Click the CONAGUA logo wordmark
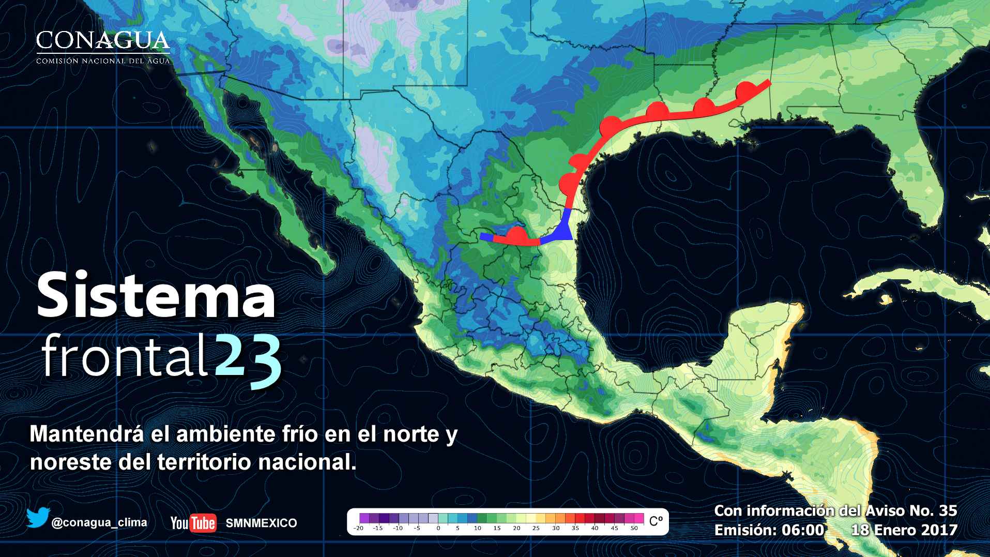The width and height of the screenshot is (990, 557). pyautogui.click(x=103, y=40)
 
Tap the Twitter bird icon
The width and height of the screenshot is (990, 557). pyautogui.click(x=37, y=518)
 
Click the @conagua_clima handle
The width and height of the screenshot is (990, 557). pyautogui.click(x=99, y=522)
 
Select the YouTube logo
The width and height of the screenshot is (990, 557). pyautogui.click(x=193, y=523)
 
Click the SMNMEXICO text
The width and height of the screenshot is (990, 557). pyautogui.click(x=261, y=523)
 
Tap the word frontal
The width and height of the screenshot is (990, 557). pyautogui.click(x=125, y=357)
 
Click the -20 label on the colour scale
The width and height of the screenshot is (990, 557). pyautogui.click(x=358, y=529)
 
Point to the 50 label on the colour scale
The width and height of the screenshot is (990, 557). pyautogui.click(x=634, y=529)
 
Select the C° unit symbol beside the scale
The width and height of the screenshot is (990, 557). pyautogui.click(x=656, y=521)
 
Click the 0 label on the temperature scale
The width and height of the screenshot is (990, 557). pyautogui.click(x=438, y=529)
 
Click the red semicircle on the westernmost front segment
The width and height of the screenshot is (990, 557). pyautogui.click(x=515, y=235)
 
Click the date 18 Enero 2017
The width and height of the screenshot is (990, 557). pyautogui.click(x=904, y=530)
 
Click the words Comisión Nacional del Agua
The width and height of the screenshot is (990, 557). pyautogui.click(x=103, y=61)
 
